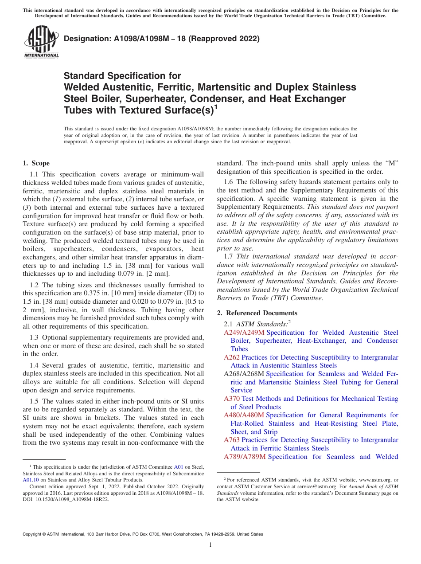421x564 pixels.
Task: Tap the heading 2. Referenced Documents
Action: point(257,313)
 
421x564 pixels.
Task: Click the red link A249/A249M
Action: point(244,333)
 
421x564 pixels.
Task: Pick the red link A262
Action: point(231,357)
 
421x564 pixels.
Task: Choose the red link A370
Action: point(232,399)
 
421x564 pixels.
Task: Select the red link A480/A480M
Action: point(244,415)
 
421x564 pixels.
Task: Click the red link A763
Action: point(231,440)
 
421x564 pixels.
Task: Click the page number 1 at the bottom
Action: point(210,545)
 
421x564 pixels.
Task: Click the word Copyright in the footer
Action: point(34,534)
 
